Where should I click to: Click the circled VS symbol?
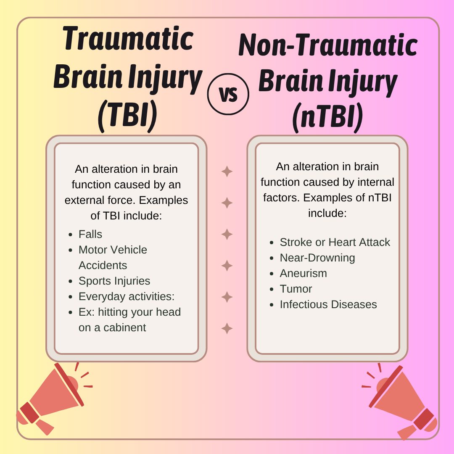coord(228,94)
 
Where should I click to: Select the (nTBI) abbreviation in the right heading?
coord(327,117)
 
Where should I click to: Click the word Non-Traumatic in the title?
coord(328,45)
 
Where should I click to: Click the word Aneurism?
coord(303,273)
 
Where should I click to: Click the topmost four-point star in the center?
coord(227,172)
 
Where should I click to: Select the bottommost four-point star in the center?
coord(227,328)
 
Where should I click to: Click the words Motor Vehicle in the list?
coord(113,250)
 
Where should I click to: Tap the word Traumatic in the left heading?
coord(128,39)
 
